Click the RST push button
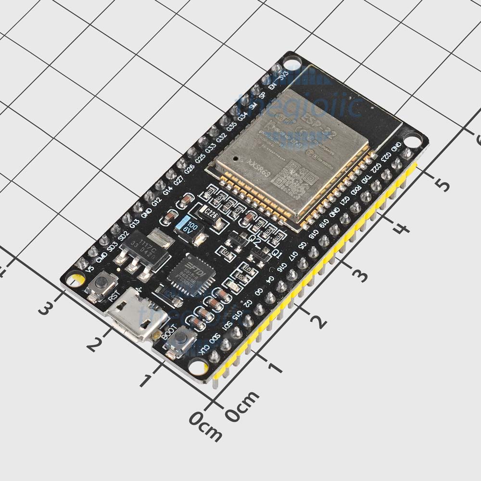pos(102,287)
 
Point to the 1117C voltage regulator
pos(145,253)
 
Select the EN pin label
pos(273,87)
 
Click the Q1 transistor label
pos(277,252)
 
